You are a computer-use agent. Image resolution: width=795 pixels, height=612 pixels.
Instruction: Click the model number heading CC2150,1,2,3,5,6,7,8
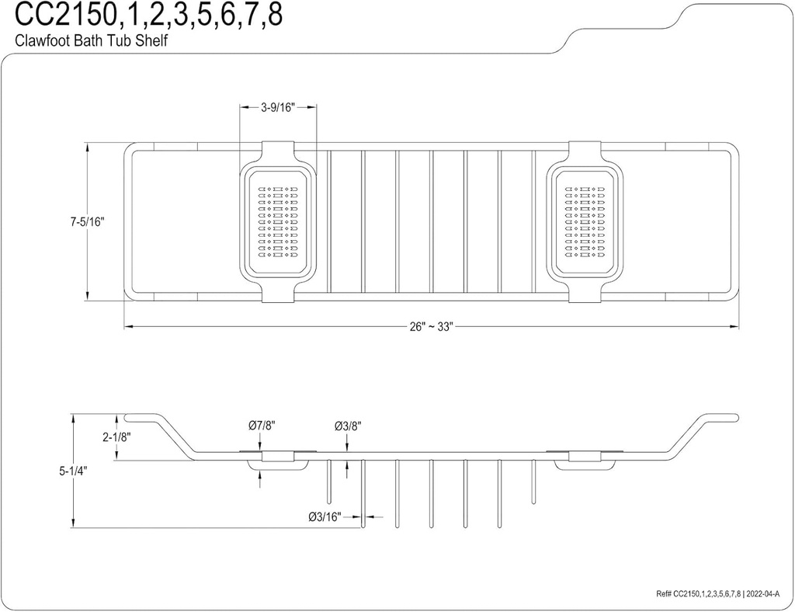pos(148,16)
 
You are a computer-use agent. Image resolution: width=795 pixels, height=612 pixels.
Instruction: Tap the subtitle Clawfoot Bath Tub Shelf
pos(92,40)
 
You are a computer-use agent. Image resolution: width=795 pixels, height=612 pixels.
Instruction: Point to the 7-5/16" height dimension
pos(87,221)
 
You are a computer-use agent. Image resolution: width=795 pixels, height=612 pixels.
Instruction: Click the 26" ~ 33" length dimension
pos(431,327)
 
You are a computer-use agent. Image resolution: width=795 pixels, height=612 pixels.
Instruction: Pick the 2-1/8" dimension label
pos(117,436)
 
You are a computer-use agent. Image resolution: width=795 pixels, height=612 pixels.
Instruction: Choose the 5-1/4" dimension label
pos(73,471)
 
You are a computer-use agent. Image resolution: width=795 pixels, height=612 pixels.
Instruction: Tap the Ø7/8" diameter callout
pos(262,426)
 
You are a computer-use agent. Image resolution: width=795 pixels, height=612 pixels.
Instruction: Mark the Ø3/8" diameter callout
pos(348,426)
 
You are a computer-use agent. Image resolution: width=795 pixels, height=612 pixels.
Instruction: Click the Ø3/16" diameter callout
pos(325,516)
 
